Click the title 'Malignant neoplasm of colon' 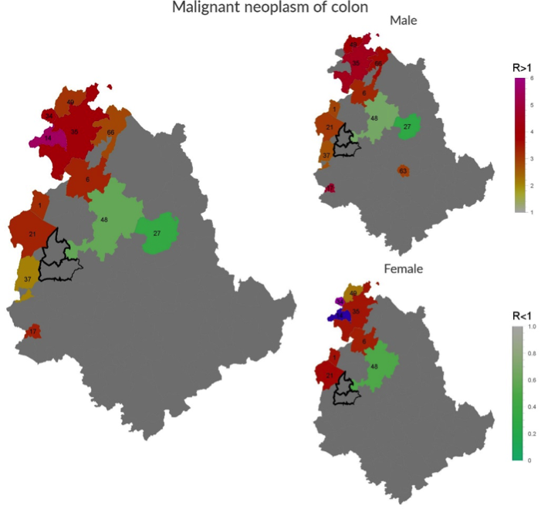(x=270, y=8)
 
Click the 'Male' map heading (x=403, y=21)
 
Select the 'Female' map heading (x=402, y=269)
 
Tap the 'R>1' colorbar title (x=522, y=69)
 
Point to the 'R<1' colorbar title (x=522, y=315)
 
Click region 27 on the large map (x=157, y=233)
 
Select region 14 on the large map (x=48, y=139)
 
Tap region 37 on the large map (x=27, y=278)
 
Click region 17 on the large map (x=32, y=332)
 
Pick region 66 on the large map (x=111, y=133)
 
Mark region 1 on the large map (x=38, y=204)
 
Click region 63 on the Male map (x=402, y=170)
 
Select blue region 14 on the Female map (x=338, y=315)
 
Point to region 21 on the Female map (x=330, y=376)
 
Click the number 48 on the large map (x=104, y=220)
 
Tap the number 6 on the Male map (x=363, y=93)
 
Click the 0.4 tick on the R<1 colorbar (x=528, y=406)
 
